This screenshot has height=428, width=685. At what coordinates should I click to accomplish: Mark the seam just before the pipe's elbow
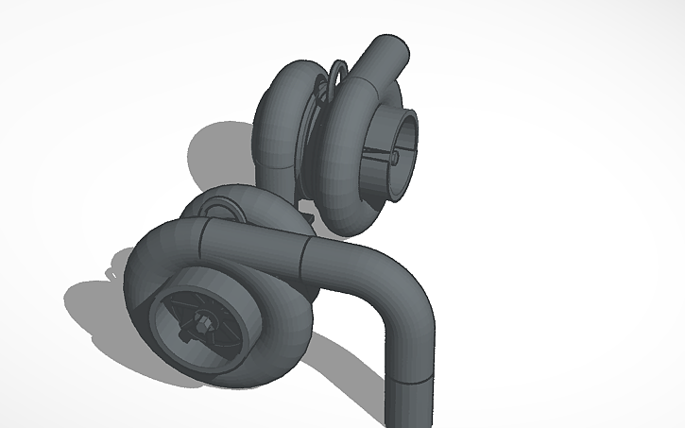(x=304, y=256)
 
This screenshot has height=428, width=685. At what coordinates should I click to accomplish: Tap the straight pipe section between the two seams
(x=255, y=248)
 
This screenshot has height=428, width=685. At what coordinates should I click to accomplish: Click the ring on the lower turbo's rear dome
(x=220, y=210)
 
